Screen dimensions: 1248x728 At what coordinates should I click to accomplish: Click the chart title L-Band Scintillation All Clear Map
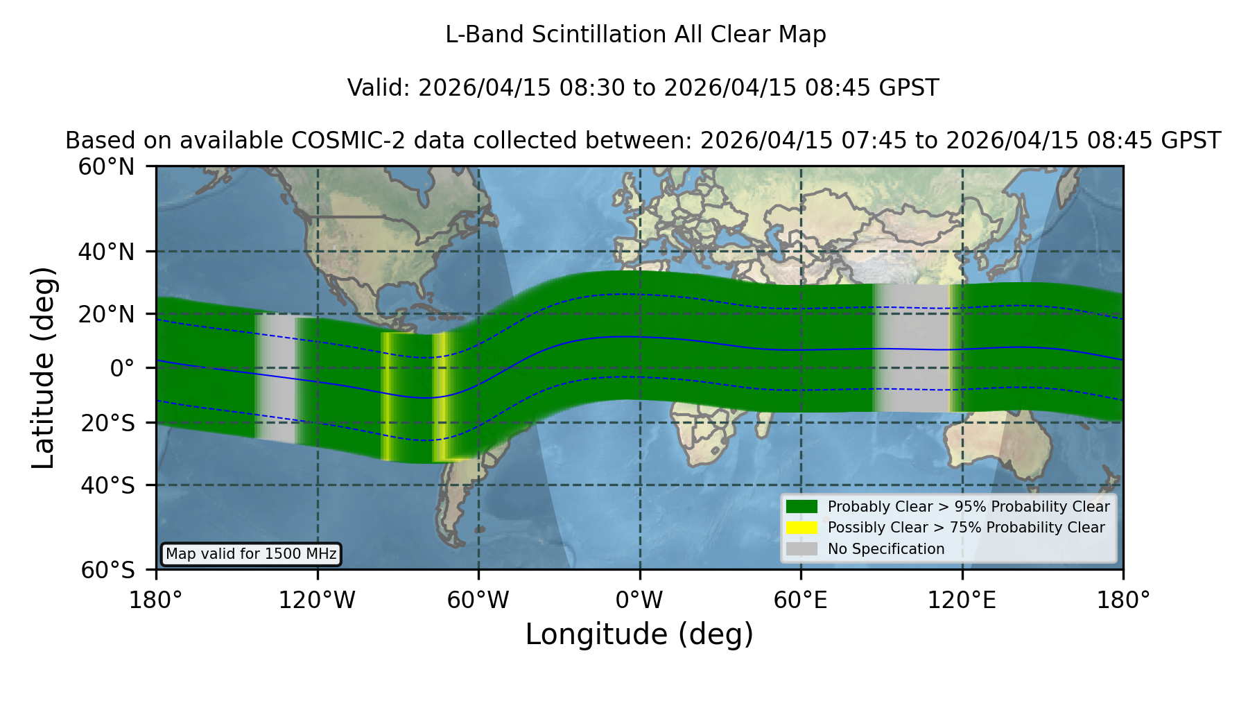click(635, 35)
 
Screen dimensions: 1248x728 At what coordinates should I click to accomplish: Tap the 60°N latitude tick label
click(106, 167)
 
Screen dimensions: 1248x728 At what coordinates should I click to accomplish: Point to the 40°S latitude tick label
click(107, 485)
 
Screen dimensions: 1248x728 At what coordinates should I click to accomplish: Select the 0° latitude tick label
click(122, 368)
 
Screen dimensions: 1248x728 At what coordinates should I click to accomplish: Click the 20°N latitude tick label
click(106, 314)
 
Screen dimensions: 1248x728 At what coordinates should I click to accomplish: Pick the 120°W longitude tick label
click(317, 600)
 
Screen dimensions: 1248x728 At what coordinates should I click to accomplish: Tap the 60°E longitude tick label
click(801, 600)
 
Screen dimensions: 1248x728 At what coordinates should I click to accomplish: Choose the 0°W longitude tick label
click(639, 600)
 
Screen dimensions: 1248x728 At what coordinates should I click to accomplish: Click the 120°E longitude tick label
click(962, 600)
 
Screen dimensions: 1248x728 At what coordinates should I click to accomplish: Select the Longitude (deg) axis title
click(639, 634)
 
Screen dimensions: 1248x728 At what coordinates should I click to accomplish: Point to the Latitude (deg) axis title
click(43, 367)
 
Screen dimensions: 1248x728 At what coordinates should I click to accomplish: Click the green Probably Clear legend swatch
click(801, 507)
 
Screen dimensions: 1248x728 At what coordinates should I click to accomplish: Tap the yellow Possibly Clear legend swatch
click(801, 528)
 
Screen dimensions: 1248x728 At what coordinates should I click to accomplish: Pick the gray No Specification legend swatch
click(801, 549)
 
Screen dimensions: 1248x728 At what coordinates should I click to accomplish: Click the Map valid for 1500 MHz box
click(251, 554)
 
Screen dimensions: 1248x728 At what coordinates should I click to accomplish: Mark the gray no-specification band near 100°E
click(911, 348)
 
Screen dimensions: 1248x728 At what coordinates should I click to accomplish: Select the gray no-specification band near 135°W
click(275, 379)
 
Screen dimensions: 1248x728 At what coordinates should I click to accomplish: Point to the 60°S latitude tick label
click(107, 571)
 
